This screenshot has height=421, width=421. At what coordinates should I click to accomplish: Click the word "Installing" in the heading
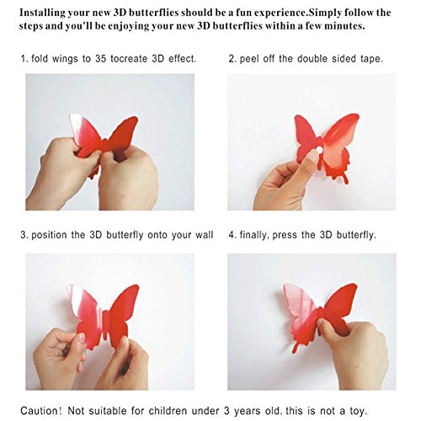tap(42, 13)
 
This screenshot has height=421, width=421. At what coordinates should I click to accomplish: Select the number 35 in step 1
tap(100, 59)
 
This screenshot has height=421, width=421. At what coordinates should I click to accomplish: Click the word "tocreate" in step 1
tap(129, 59)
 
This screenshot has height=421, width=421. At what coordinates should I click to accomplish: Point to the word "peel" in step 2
tap(249, 59)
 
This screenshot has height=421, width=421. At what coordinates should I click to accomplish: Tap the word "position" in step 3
tap(49, 235)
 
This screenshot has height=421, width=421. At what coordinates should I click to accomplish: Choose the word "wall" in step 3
tap(205, 235)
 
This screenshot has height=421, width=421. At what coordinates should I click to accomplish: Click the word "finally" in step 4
tap(253, 235)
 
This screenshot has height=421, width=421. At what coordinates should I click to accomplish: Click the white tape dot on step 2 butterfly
tap(319, 150)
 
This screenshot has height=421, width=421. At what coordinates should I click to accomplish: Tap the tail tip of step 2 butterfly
tap(347, 182)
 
